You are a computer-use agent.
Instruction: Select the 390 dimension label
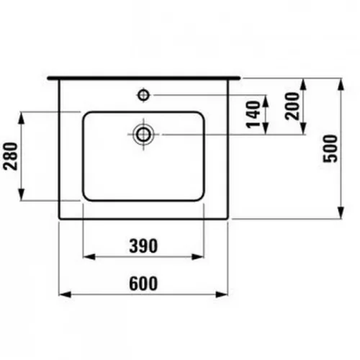[143, 246]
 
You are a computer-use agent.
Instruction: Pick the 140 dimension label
[253, 114]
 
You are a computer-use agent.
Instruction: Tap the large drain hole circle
[143, 133]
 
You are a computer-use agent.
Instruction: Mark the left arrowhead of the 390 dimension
[87, 256]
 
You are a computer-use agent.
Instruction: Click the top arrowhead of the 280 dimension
[23, 114]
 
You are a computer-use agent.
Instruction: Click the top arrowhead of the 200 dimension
[305, 81]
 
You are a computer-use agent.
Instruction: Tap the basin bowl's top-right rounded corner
[199, 116]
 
